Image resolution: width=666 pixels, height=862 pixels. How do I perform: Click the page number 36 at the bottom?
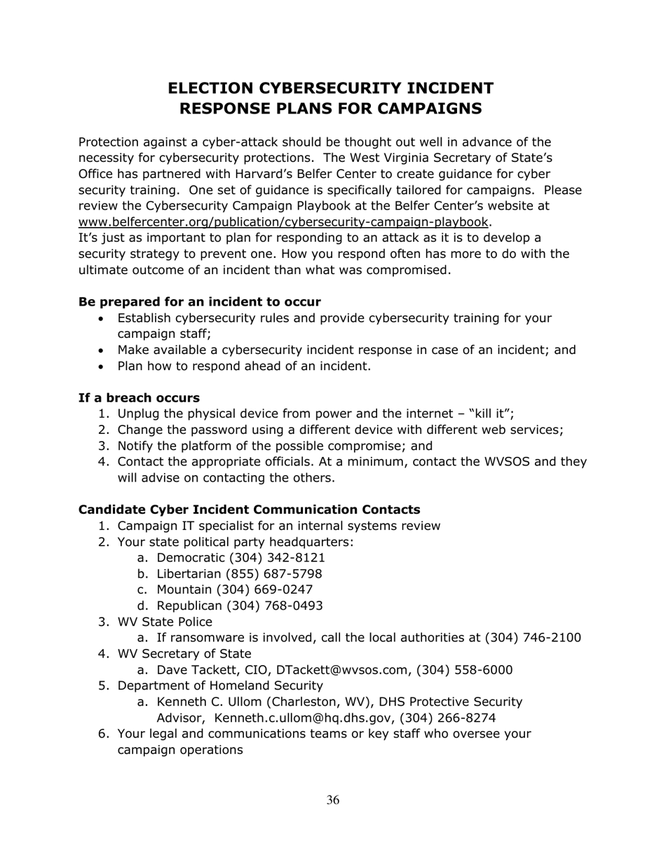click(333, 800)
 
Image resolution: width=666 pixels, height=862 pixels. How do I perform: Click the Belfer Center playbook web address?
click(283, 222)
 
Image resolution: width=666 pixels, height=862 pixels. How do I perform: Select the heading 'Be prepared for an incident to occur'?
click(200, 302)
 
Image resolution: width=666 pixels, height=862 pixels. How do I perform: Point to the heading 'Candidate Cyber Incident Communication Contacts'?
click(250, 509)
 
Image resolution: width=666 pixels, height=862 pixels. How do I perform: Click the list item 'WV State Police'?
click(165, 622)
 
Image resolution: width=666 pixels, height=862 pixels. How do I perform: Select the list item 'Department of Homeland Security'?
click(220, 686)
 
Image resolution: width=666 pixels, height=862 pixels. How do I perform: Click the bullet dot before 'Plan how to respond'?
click(104, 367)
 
